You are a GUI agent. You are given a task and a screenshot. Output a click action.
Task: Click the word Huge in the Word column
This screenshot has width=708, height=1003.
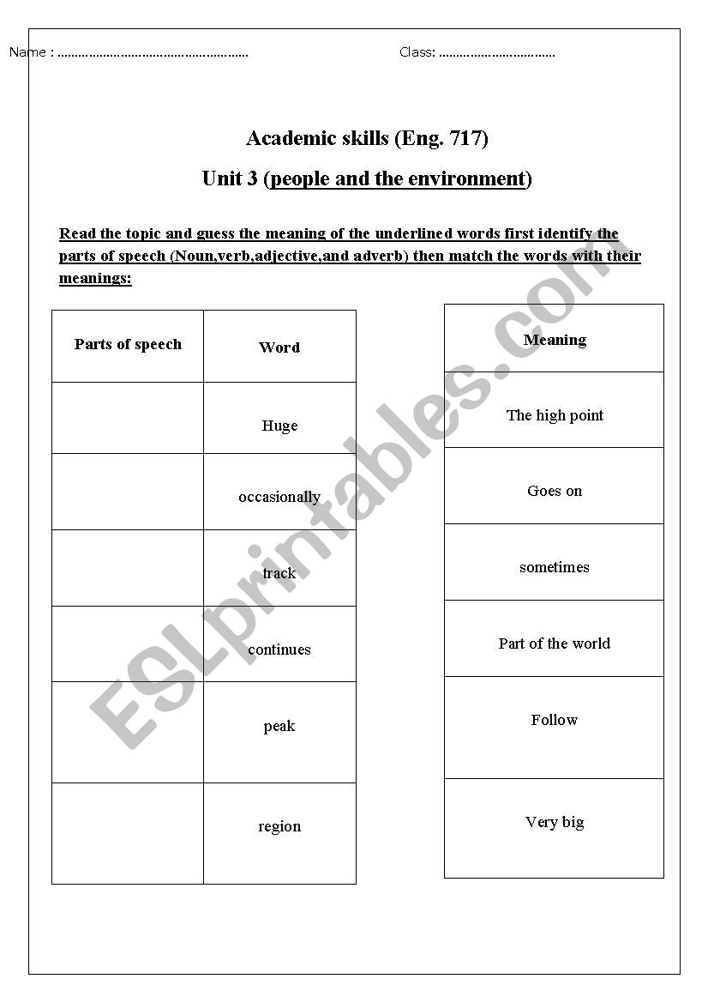[279, 426]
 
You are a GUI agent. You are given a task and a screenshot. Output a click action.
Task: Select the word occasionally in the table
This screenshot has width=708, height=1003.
[279, 498]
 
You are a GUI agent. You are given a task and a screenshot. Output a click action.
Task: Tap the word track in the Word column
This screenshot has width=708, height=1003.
[279, 573]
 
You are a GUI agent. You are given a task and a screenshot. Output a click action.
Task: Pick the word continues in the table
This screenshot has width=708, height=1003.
[279, 650]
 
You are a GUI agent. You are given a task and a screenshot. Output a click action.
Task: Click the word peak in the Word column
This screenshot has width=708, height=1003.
[279, 726]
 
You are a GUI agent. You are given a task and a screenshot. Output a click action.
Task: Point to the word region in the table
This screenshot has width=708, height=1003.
[279, 826]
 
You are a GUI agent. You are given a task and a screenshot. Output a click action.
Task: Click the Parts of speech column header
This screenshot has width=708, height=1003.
[128, 345]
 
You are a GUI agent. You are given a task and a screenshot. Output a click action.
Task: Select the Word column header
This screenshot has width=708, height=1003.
[279, 347]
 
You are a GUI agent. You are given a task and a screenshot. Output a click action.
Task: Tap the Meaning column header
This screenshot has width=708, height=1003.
[555, 340]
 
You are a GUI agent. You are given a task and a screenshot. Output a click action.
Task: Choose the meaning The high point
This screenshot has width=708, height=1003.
[555, 415]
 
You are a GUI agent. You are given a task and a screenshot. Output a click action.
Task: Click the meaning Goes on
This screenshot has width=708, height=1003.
[555, 491]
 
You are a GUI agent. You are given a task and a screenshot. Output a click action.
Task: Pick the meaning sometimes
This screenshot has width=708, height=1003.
[555, 567]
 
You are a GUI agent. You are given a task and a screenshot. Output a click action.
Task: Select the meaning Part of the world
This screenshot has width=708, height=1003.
[555, 643]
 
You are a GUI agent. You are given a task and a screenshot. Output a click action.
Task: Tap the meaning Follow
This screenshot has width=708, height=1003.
[555, 720]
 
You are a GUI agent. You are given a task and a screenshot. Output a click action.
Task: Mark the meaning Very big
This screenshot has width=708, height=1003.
[555, 822]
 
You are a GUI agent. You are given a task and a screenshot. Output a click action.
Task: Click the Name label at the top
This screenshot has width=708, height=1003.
[27, 52]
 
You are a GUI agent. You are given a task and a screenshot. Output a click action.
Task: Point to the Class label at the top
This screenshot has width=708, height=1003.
[417, 52]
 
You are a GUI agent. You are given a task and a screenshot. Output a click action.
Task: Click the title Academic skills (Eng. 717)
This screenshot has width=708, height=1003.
[367, 138]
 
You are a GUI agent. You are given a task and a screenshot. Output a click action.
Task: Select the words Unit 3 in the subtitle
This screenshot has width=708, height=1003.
[231, 178]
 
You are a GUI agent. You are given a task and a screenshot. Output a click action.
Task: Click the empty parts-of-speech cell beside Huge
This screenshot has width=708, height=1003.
[128, 418]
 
